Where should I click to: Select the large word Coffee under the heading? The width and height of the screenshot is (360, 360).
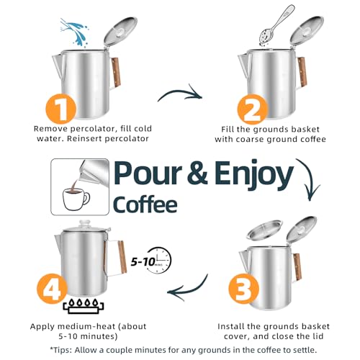[x=144, y=204]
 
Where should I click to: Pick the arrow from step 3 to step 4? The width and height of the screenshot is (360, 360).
[x=186, y=289]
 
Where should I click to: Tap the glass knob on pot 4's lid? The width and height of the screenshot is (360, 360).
[x=85, y=224]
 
